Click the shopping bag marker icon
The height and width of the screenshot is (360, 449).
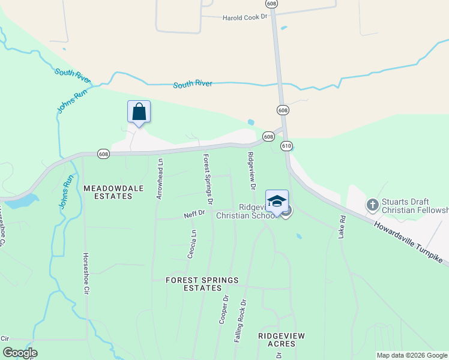[x=139, y=112]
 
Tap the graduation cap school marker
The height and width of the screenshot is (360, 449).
[x=277, y=201]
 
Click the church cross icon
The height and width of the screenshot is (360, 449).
[x=372, y=205]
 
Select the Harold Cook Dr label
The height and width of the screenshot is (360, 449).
[x=244, y=17]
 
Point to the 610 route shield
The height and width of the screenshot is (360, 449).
[x=286, y=146]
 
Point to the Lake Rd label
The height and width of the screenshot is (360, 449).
[x=342, y=227]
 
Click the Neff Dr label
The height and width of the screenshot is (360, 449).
[x=194, y=213]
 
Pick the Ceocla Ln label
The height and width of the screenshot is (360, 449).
[x=193, y=242]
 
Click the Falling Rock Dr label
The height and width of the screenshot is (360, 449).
[x=240, y=321]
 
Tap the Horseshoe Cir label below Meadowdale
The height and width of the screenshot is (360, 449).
[x=86, y=274]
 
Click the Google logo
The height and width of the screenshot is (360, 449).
[x=20, y=353]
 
